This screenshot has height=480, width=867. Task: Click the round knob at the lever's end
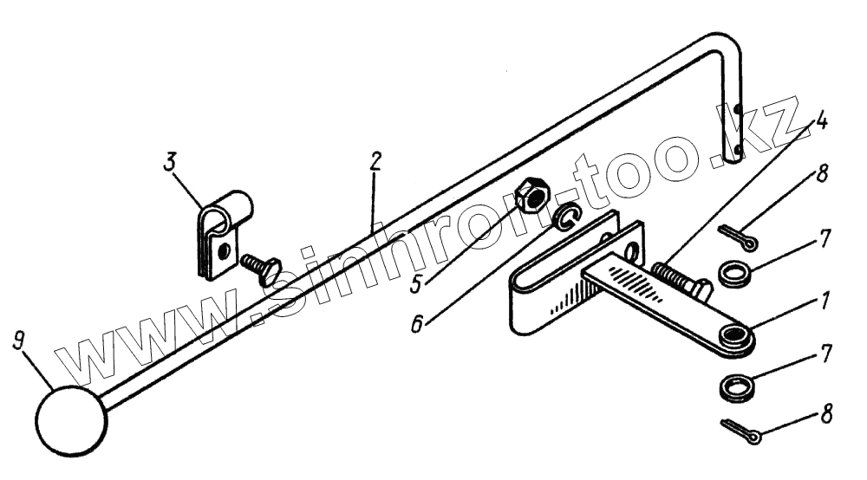click(x=70, y=420)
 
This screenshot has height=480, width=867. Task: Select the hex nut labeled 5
click(x=528, y=197)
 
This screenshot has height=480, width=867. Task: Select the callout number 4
click(x=821, y=120)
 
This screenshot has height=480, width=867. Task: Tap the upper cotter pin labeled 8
click(x=737, y=234)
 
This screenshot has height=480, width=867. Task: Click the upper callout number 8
click(x=821, y=172)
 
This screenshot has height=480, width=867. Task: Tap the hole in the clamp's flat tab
click(x=225, y=251)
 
